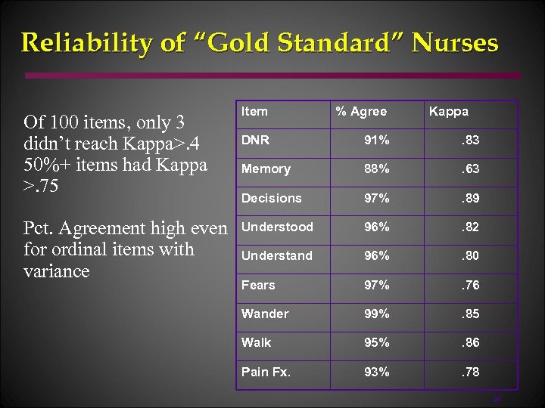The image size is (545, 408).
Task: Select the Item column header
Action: tap(254, 111)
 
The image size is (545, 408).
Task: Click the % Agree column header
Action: tap(361, 111)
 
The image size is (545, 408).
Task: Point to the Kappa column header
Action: tap(449, 111)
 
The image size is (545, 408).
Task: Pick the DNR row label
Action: tap(255, 140)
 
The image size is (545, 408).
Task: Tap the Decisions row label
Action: tap(271, 198)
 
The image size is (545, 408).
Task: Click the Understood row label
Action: tap(276, 227)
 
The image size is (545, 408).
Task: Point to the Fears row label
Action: tap(258, 285)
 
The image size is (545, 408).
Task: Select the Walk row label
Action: tap(256, 342)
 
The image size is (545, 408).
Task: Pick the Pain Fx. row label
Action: tap(266, 372)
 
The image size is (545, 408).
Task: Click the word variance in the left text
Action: tap(57, 271)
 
